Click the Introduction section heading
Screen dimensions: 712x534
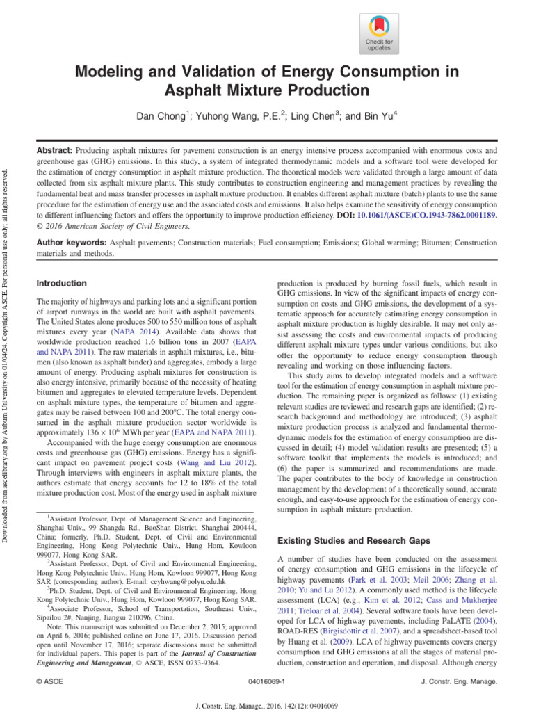pyautogui.click(x=61, y=284)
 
